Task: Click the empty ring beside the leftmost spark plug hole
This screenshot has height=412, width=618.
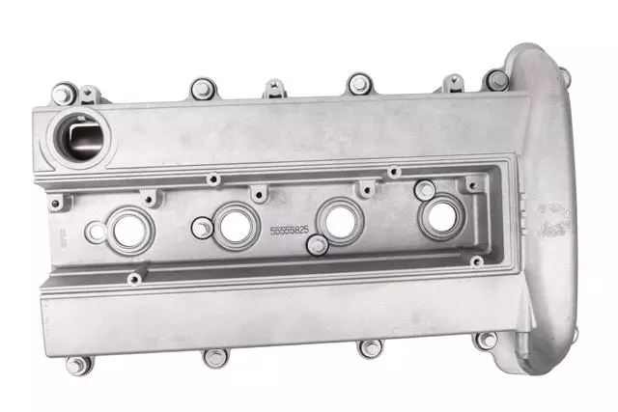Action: (97, 232)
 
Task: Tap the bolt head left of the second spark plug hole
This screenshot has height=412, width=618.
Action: (201, 229)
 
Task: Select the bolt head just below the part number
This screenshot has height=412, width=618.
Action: (316, 247)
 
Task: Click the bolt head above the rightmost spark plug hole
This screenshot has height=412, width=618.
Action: (424, 190)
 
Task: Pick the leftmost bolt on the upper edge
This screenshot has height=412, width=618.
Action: (64, 95)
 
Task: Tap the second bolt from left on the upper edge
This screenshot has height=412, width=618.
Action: (201, 89)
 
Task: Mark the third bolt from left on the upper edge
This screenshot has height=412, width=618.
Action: (358, 85)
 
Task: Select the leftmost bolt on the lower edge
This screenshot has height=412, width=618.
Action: (76, 365)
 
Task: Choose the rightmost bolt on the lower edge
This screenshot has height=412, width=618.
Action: (487, 340)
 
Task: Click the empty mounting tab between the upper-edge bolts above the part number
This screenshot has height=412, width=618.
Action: (274, 89)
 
